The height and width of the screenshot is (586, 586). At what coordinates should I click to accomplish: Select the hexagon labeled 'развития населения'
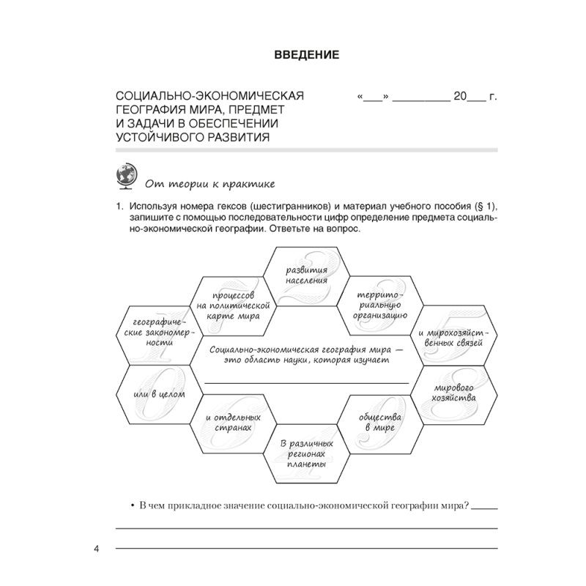tap(306, 275)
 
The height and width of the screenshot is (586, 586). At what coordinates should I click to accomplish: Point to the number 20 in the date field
tap(461, 96)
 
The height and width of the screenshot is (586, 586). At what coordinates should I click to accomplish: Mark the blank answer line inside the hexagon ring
tap(305, 383)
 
